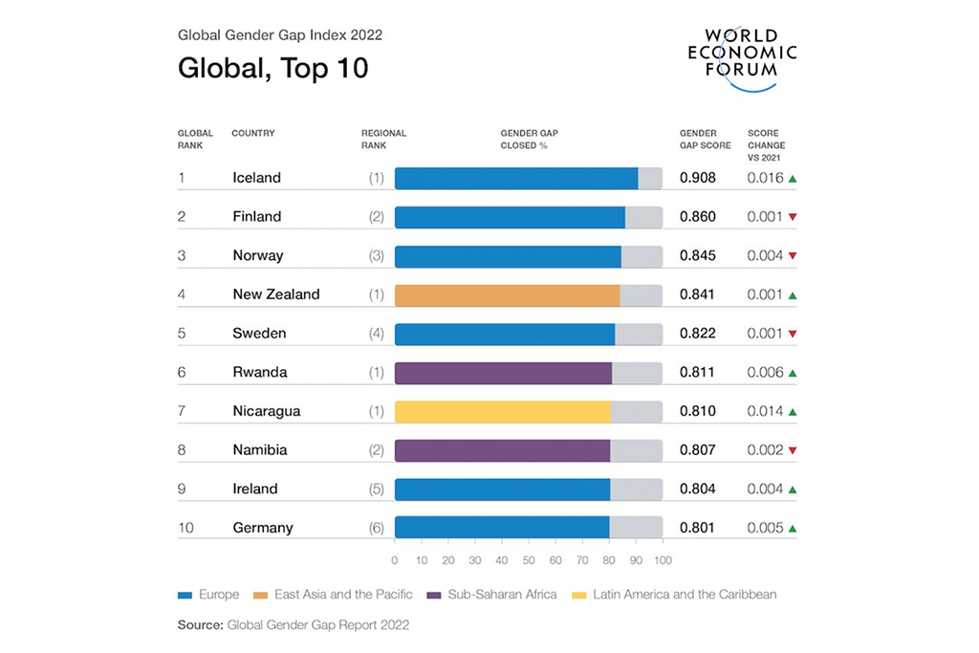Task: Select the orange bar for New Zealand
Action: pos(507,294)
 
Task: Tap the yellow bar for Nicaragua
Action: pos(502,411)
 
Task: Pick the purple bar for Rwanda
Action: pos(503,372)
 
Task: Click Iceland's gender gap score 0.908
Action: pos(697,178)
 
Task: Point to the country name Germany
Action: pos(263,528)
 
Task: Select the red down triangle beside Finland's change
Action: pos(793,217)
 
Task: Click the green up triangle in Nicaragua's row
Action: pos(793,411)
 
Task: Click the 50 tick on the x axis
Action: pos(529,560)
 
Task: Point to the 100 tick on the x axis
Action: pos(663,560)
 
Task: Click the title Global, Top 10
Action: pos(272,70)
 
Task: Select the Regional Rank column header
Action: pos(383,140)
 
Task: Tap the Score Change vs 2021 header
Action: pos(767,145)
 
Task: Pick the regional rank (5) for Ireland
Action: pos(377,489)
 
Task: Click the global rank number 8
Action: pos(182,449)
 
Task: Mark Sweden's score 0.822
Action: pos(697,334)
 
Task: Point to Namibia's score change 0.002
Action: pos(765,449)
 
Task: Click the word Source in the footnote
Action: pos(199,625)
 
